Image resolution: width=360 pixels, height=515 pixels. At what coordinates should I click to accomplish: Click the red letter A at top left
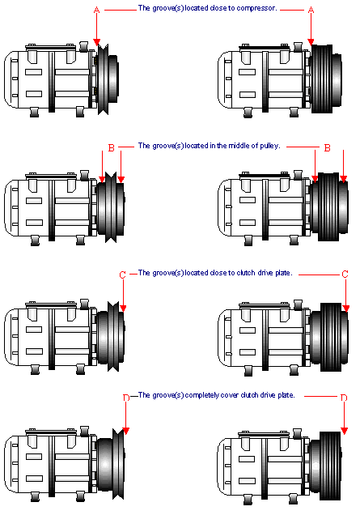pos(96,11)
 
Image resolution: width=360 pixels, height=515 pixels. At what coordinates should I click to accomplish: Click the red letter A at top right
pos(311,11)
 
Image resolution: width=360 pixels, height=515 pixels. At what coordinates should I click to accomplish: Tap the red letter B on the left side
pos(112,148)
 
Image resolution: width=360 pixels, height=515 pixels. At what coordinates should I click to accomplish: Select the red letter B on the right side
pos(327,148)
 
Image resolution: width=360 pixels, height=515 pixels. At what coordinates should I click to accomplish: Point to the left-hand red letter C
pos(122,275)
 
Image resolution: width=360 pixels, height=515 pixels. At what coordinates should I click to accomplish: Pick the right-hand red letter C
pos(345,274)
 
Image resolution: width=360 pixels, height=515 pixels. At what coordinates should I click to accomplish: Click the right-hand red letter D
pos(344,398)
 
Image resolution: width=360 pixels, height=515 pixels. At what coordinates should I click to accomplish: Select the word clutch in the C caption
pos(245,273)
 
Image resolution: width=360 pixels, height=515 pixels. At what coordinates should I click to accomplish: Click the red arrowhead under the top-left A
pos(96,42)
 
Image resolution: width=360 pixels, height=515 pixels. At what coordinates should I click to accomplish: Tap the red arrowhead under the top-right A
pos(311,42)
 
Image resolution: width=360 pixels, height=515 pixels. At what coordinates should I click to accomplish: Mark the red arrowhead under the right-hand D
pos(344,431)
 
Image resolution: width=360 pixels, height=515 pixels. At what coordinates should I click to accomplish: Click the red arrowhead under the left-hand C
pos(123,308)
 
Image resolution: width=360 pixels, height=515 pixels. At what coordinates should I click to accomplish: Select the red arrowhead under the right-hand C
pos(346,308)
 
